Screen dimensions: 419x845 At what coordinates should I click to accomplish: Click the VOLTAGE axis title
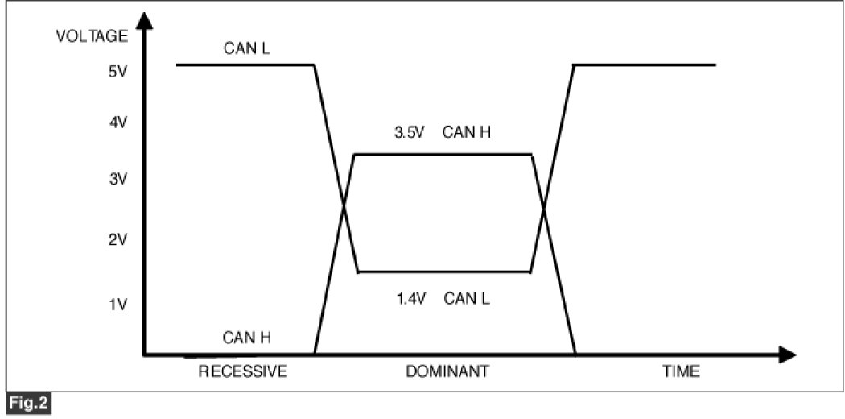click(x=92, y=36)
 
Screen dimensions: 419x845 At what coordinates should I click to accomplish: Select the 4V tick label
click(x=117, y=123)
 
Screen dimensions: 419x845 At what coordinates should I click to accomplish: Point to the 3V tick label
click(x=117, y=179)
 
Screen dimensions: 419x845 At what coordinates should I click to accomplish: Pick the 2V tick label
click(x=117, y=240)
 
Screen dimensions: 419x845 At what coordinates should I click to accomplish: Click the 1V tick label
click(x=117, y=304)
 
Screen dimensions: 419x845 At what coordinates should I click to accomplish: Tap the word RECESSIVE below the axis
click(x=242, y=372)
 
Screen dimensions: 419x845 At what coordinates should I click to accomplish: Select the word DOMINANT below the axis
click(x=447, y=372)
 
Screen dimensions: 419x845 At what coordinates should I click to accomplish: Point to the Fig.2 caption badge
click(x=27, y=401)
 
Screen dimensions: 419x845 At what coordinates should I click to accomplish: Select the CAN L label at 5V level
click(x=247, y=49)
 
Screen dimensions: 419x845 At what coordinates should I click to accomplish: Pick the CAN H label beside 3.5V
click(x=467, y=132)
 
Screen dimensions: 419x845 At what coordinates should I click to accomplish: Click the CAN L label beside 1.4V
click(x=468, y=299)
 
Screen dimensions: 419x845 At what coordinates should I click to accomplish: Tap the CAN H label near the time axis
click(x=247, y=338)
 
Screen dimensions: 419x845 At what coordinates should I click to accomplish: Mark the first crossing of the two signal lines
click(x=344, y=206)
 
